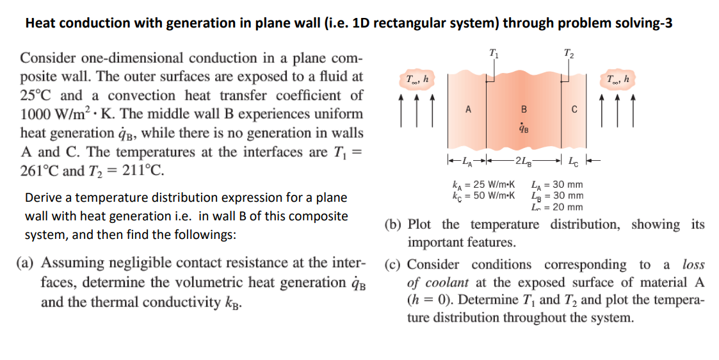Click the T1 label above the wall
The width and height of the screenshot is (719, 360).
[x=492, y=53]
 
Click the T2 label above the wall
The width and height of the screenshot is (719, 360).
[x=569, y=53]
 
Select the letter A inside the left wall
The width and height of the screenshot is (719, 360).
[x=468, y=109]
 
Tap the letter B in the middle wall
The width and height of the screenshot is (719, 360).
[x=524, y=109]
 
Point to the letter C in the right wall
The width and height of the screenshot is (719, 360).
[x=574, y=110]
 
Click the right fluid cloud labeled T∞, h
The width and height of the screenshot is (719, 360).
[x=619, y=79]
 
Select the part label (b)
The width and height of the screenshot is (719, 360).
[x=393, y=225]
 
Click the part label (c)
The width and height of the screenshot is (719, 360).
[x=393, y=265]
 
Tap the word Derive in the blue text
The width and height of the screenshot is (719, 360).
[x=43, y=197]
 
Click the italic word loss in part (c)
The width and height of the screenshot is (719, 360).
[x=693, y=265]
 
